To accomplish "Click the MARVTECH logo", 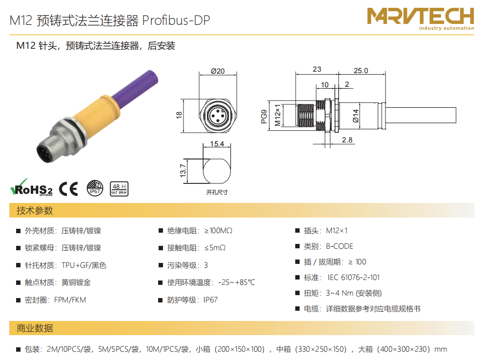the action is pos(420,19).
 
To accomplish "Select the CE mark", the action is pos(68,189).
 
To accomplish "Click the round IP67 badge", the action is pos(95,188).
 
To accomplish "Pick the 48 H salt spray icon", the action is pos(119,189).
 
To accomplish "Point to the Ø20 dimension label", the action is pos(218,71).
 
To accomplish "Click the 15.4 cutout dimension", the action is pos(217,144).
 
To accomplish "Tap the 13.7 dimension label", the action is pos(183,171).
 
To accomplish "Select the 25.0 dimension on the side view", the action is pos(361,71).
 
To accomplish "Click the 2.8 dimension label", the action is pos(347,140).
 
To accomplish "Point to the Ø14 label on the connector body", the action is pos(355,116).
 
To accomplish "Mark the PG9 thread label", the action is pos(264,117).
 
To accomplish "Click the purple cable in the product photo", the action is pos(135,87).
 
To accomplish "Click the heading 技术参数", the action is pos(35,211).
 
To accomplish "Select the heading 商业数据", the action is pos(35,328).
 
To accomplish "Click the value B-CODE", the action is pos(340,246).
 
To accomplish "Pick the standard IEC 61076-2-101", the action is pos(353,278).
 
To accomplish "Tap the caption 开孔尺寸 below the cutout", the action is pos(217,192).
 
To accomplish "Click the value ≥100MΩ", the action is pos(219,231).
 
